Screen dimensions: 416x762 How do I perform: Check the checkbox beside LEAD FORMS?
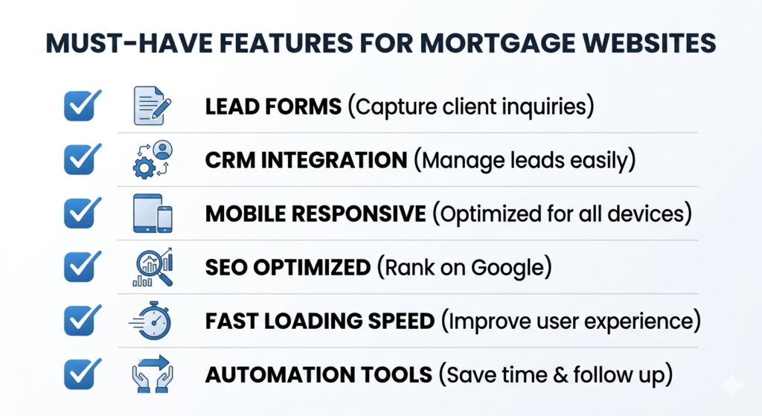pyautogui.click(x=78, y=106)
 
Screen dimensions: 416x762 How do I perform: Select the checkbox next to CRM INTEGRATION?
pyautogui.click(x=78, y=159)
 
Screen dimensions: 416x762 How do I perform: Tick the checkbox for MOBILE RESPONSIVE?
pyautogui.click(x=78, y=213)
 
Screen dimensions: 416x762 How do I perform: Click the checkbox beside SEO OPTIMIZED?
pyautogui.click(x=78, y=266)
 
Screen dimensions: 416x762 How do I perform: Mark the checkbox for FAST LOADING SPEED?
pyautogui.click(x=78, y=321)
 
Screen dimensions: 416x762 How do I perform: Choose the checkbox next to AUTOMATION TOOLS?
pyautogui.click(x=78, y=374)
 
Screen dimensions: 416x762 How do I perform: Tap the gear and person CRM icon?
pyautogui.click(x=153, y=159)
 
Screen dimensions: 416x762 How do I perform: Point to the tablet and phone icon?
pyautogui.click(x=153, y=213)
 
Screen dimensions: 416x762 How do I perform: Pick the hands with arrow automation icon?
pyautogui.click(x=153, y=374)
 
